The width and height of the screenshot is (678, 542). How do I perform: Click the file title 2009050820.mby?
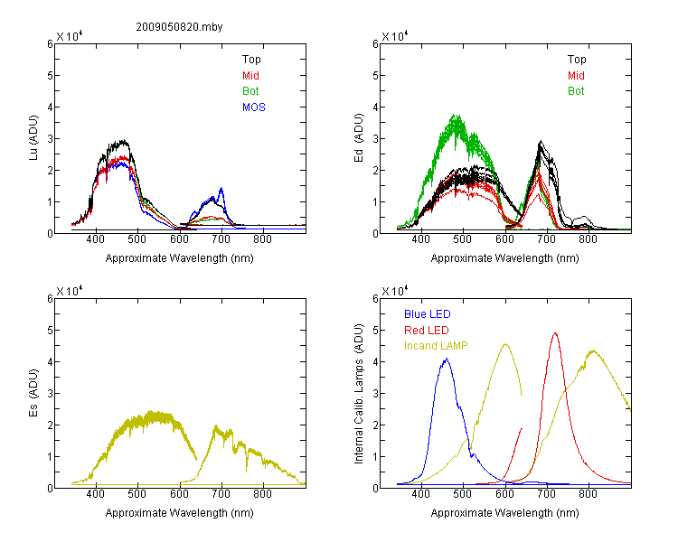[x=179, y=27]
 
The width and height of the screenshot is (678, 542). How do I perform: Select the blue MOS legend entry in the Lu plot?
[x=254, y=107]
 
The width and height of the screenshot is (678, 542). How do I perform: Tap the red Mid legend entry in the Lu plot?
[x=250, y=76]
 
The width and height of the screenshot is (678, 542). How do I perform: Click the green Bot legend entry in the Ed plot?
[x=576, y=91]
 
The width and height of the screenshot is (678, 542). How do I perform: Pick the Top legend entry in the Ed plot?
[x=577, y=60]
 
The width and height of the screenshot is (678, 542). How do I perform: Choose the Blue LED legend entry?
[x=428, y=314]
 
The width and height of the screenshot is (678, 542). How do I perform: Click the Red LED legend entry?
[x=427, y=331]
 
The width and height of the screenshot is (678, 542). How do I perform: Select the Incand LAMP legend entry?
[x=436, y=346]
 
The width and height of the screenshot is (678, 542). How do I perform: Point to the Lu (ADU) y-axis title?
[x=33, y=138]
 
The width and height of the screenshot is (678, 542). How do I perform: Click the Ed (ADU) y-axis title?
[x=359, y=138]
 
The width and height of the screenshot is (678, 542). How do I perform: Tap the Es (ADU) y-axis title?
[x=33, y=393]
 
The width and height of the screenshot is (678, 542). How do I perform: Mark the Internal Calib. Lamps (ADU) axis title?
[x=359, y=394]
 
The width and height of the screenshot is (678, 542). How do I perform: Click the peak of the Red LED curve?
[x=555, y=333]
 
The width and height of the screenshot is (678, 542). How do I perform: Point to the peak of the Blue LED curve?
[x=447, y=359]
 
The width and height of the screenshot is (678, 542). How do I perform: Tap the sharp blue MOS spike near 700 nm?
[x=221, y=189]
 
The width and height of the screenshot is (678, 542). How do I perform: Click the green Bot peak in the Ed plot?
[x=455, y=115]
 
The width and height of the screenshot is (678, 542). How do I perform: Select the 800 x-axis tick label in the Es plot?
[x=262, y=493]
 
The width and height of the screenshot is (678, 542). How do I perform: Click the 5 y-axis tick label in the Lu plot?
[x=50, y=76]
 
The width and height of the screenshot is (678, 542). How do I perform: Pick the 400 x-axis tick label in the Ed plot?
[x=420, y=239]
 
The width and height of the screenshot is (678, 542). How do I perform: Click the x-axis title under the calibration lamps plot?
[x=504, y=513]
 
